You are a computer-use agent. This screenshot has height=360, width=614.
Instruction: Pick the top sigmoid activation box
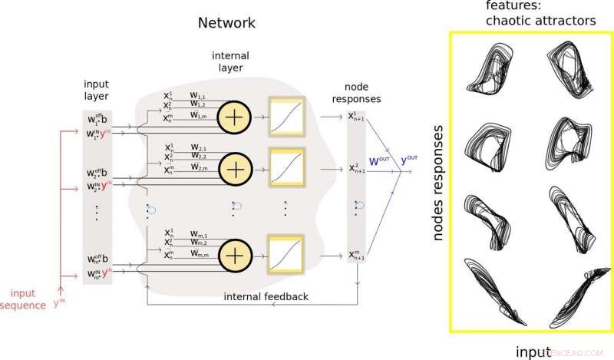[287, 116]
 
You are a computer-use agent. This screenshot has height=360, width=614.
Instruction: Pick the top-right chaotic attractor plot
[569, 65]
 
